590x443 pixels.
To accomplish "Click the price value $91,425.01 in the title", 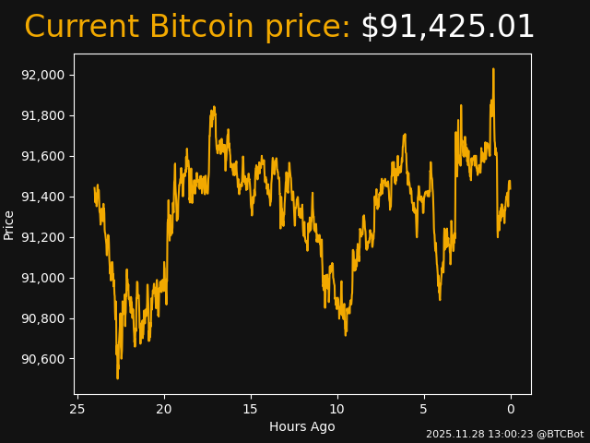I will (x=447, y=28).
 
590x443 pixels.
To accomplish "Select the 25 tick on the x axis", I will (x=77, y=409).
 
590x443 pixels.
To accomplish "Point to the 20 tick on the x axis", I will (x=164, y=409).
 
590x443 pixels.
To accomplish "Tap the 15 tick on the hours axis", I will (x=251, y=409).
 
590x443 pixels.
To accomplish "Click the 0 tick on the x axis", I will (x=511, y=409).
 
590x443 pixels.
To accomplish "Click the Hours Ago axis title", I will (x=302, y=426).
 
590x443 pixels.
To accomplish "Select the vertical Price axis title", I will (x=9, y=224).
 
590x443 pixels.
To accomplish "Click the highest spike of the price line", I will (x=493, y=68).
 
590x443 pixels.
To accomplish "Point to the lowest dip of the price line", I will (x=117, y=377).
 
